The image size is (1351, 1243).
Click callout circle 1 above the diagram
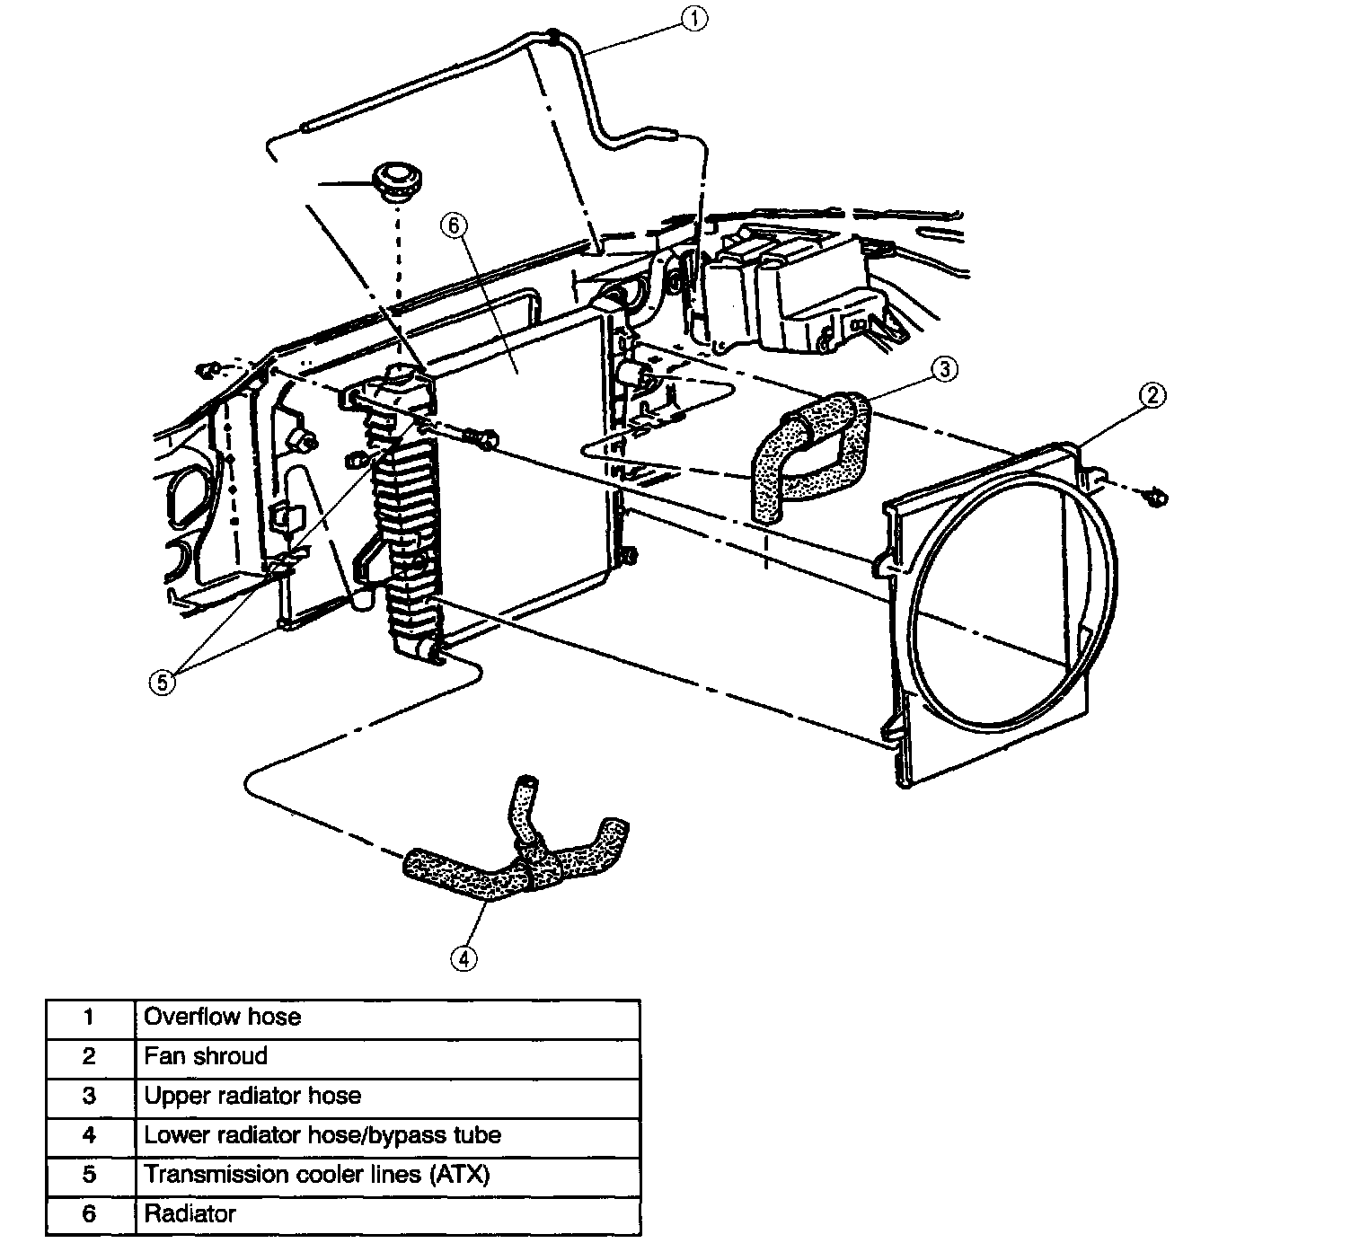coord(694,18)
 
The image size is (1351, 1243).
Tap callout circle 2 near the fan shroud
coord(1152,395)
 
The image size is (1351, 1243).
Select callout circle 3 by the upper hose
coord(945,369)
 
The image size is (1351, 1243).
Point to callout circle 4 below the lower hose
coord(464,958)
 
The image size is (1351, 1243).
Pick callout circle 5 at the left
coord(163,683)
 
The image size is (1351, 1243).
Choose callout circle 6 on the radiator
coord(454,225)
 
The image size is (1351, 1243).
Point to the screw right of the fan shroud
coord(1156,498)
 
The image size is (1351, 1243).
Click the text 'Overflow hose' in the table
coord(222,1017)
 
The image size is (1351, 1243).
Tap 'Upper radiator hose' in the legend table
coord(252,1096)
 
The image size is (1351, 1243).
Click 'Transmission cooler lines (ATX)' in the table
coord(317,1175)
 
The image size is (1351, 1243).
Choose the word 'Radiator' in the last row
coord(190,1214)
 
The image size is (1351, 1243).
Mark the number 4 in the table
coord(89,1135)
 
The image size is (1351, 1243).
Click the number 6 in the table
coord(89,1214)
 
